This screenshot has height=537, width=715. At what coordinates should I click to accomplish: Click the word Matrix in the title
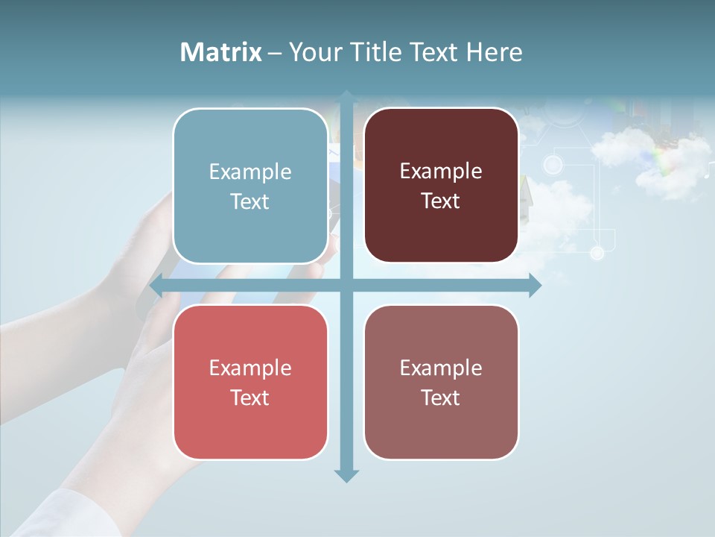pyautogui.click(x=221, y=52)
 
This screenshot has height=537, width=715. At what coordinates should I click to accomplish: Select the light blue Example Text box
pyautogui.click(x=250, y=186)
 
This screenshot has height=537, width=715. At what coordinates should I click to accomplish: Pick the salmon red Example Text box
pyautogui.click(x=250, y=382)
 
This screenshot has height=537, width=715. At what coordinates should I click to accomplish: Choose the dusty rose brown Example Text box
pyautogui.click(x=441, y=382)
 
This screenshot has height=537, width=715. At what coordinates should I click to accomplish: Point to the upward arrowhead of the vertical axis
pyautogui.click(x=346, y=95)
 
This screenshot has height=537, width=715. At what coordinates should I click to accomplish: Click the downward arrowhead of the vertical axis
pyautogui.click(x=346, y=476)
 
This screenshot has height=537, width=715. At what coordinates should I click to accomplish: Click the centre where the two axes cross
pyautogui.click(x=346, y=286)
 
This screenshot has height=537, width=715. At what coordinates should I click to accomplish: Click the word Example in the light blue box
pyautogui.click(x=250, y=172)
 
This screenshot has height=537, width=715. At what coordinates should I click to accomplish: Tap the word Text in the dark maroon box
pyautogui.click(x=441, y=201)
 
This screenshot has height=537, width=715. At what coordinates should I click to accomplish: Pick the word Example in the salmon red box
pyautogui.click(x=250, y=368)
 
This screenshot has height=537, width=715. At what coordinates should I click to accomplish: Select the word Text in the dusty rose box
pyautogui.click(x=441, y=398)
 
